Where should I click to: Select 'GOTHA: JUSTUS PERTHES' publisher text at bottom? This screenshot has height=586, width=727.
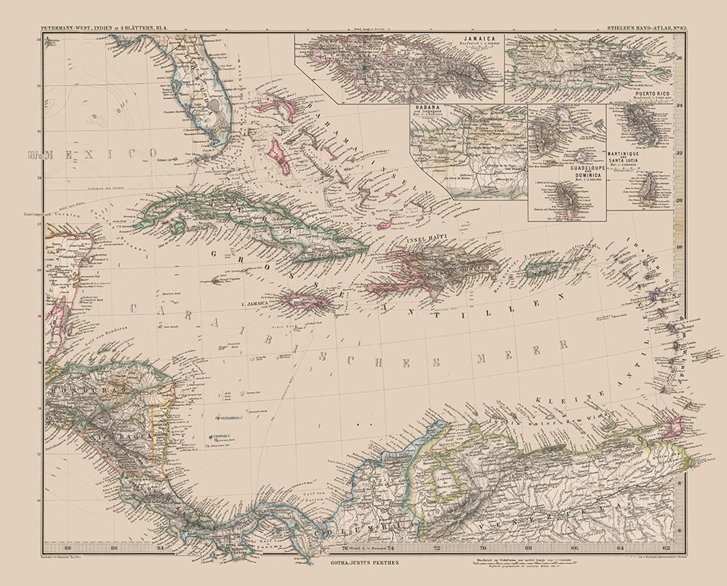point(359,562)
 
